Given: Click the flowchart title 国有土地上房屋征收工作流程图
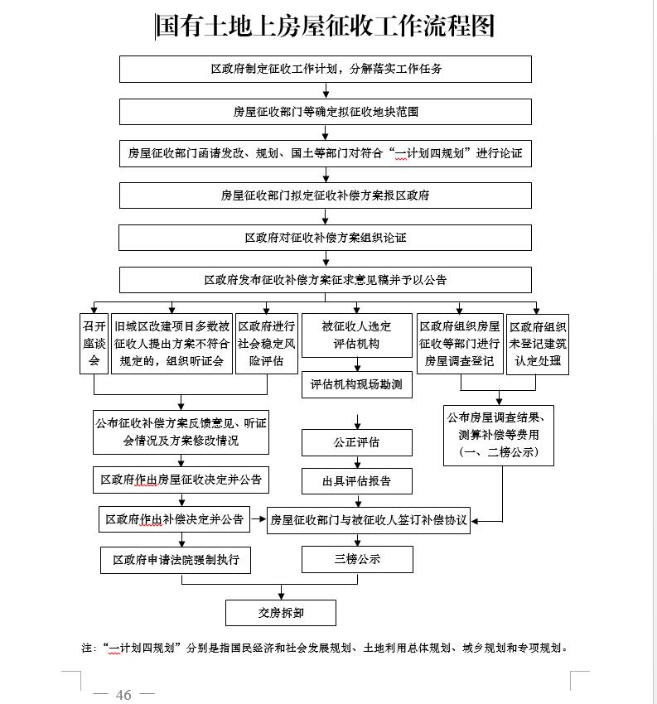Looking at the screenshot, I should pos(325,26).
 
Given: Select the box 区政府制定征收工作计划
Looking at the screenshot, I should pos(325,69).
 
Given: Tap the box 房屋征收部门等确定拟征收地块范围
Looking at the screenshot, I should pos(325,111).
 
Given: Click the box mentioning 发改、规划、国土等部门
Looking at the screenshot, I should pos(325,153).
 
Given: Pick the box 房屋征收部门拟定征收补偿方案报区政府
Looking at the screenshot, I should pos(325,195).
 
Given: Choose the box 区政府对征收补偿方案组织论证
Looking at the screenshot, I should pos(325,238).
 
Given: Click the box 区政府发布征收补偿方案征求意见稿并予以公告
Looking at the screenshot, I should pos(325,280).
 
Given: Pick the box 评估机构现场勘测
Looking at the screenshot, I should pos(356,384).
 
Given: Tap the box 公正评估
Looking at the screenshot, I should pos(356,442).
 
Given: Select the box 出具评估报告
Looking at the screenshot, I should pos(356,480).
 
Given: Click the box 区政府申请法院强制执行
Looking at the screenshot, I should pos(176,560).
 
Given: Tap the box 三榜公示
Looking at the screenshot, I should pos(357,559).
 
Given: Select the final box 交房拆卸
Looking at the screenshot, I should pos(281,612).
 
